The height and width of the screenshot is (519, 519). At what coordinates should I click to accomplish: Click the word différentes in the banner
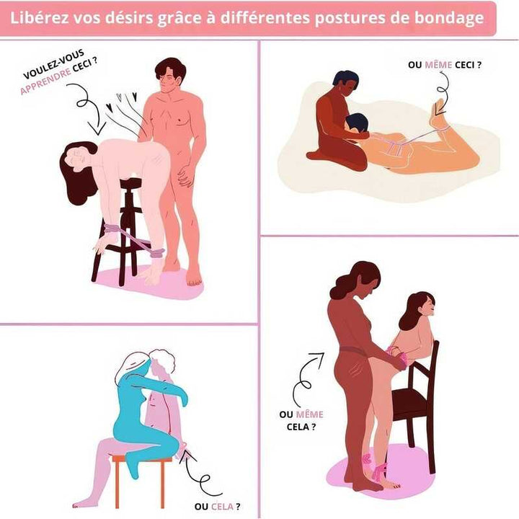pyautogui.click(x=265, y=18)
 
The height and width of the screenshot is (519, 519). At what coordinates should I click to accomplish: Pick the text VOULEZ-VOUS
pyautogui.click(x=53, y=64)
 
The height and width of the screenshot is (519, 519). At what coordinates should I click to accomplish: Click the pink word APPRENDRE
pyautogui.click(x=45, y=81)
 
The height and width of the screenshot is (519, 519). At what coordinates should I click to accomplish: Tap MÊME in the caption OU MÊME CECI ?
pyautogui.click(x=438, y=65)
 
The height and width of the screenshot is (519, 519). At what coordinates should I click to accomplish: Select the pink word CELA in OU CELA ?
pyautogui.click(x=222, y=507)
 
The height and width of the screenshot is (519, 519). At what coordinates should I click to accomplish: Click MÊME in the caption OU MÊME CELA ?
pyautogui.click(x=309, y=414)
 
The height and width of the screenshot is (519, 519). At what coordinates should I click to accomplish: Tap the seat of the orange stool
pyautogui.click(x=142, y=458)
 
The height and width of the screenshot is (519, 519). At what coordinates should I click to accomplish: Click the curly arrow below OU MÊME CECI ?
pyautogui.click(x=442, y=93)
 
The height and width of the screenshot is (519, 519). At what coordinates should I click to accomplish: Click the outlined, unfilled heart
pyautogui.click(x=120, y=97)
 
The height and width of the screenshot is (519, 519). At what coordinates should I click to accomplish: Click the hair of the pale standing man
pyautogui.click(x=170, y=68)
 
